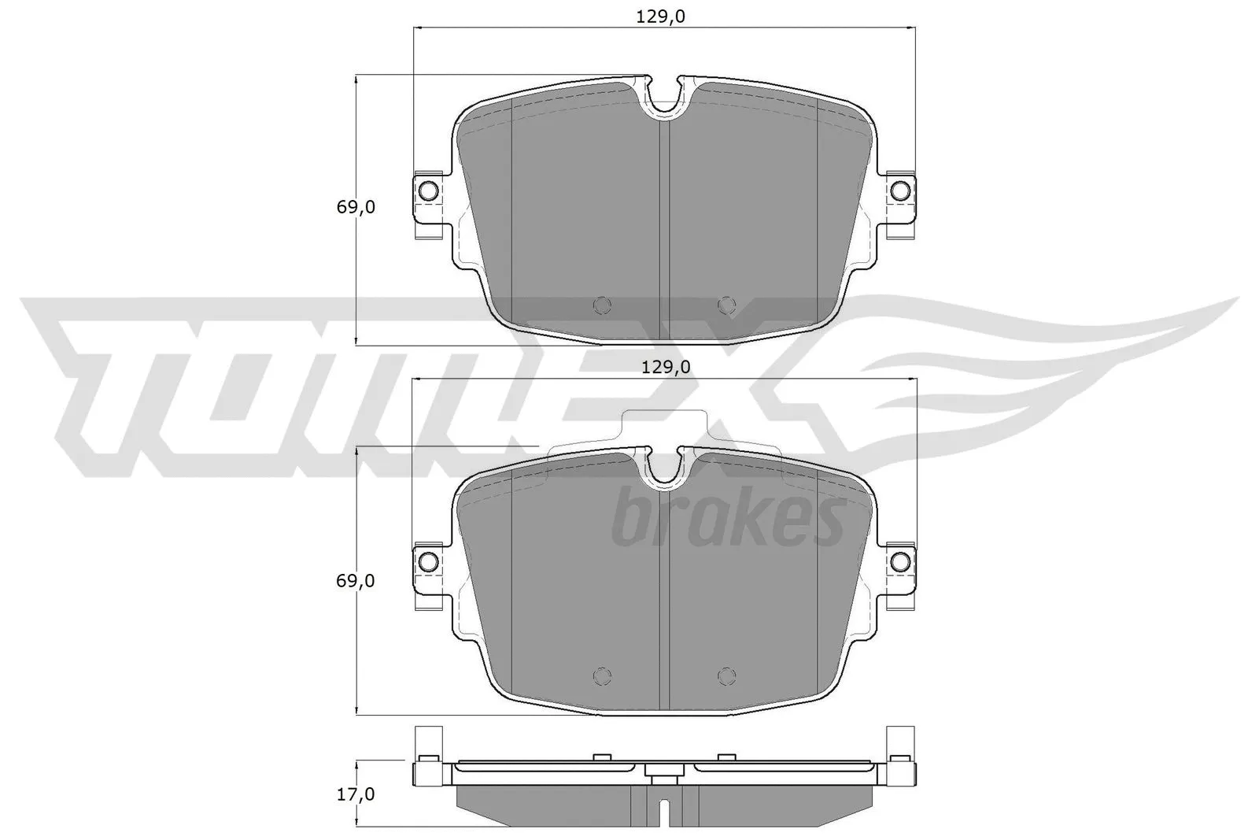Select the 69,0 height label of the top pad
pyautogui.click(x=356, y=208)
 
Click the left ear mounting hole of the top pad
pyautogui.click(x=428, y=191)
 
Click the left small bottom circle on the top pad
pyautogui.click(x=602, y=305)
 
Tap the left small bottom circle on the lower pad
pyautogui.click(x=602, y=675)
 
